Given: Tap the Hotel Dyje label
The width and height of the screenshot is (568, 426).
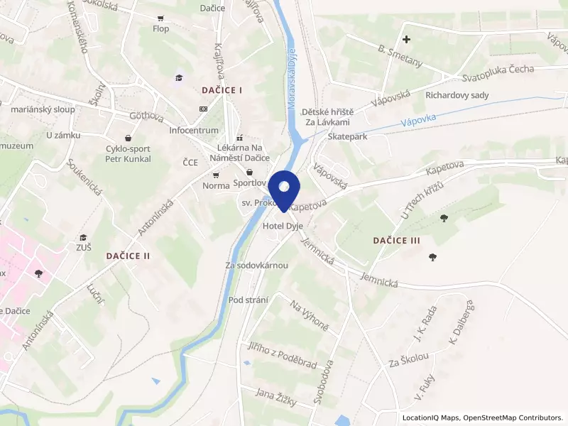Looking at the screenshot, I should (x=283, y=226).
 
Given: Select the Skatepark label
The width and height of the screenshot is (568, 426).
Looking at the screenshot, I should (x=348, y=136).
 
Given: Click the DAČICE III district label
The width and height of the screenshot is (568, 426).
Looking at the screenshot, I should (x=397, y=241).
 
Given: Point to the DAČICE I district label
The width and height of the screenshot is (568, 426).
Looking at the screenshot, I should (x=222, y=90).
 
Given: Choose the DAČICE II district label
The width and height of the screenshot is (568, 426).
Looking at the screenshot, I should (x=128, y=254).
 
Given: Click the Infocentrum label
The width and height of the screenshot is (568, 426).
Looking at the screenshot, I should (x=194, y=131).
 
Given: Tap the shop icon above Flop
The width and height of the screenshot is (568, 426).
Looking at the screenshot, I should (x=160, y=18).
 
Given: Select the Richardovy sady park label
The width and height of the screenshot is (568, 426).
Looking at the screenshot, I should (x=457, y=94).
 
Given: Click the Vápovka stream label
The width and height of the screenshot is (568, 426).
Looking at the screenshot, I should (x=417, y=122).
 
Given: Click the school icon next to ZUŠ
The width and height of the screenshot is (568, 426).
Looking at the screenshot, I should (x=83, y=237).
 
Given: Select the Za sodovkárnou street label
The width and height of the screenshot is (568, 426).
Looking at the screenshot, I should (x=256, y=266).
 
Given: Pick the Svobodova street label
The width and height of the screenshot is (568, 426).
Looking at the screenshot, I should (x=323, y=383).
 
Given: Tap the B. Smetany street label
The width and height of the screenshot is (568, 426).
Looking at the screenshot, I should (x=400, y=55).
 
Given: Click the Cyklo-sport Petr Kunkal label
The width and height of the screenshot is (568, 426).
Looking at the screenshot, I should (x=128, y=153).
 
